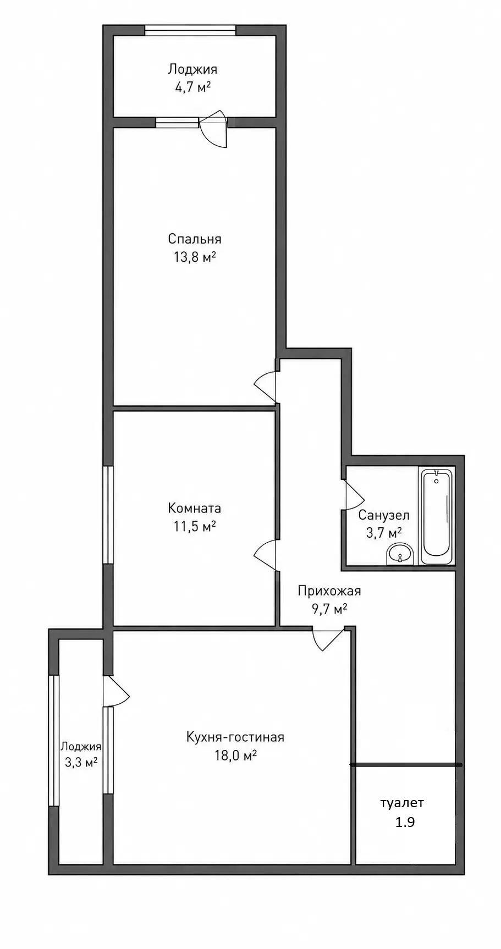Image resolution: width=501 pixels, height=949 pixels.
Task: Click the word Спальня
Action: pos(195,239)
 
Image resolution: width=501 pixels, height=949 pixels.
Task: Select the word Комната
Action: pos(195,508)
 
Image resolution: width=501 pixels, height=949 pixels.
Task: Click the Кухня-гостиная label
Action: pos(235,737)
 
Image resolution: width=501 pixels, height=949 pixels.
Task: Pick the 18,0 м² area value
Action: pos(236,755)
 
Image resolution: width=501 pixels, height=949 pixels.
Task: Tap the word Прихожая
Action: pos(329,591)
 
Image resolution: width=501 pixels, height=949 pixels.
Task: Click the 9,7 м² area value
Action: pos(329,609)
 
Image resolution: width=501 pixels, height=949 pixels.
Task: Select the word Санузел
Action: pos(384,516)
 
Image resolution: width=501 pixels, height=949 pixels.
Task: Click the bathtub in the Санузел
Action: pos(437,515)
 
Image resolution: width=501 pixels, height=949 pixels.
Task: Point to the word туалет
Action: pos(402,803)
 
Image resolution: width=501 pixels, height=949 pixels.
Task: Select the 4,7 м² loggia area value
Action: pos(192,87)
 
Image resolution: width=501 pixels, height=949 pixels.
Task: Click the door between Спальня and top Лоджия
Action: pos(213,128)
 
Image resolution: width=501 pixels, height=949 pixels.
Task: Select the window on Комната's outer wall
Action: pos(108,515)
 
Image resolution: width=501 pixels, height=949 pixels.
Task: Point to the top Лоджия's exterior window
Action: pos(191,30)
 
